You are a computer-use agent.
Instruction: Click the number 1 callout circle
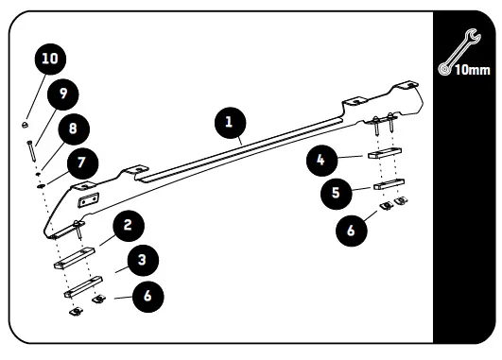click(x=229, y=122)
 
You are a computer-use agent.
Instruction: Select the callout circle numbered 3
click(x=141, y=258)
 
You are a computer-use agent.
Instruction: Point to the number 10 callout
click(x=49, y=59)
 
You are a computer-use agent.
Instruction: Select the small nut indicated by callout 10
click(x=26, y=124)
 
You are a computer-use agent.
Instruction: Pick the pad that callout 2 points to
click(x=75, y=260)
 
